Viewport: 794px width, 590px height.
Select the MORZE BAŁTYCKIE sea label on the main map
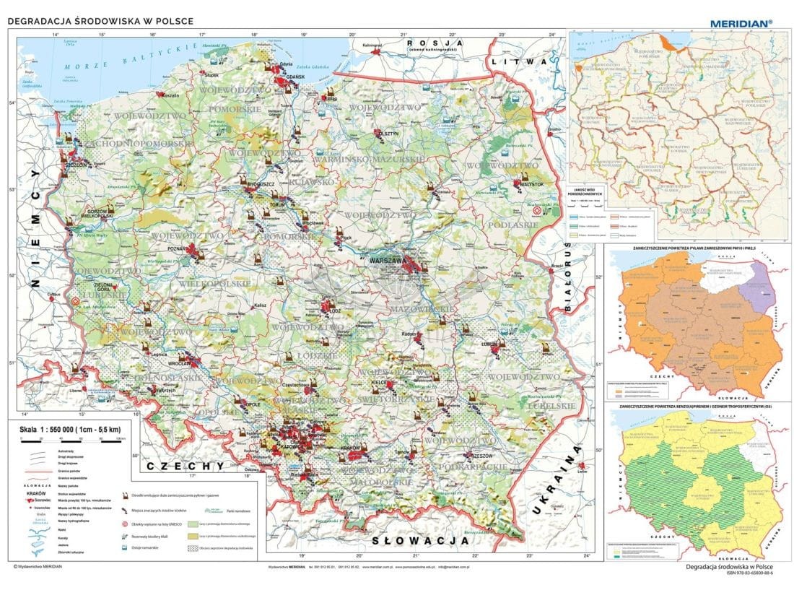click(119, 58)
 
